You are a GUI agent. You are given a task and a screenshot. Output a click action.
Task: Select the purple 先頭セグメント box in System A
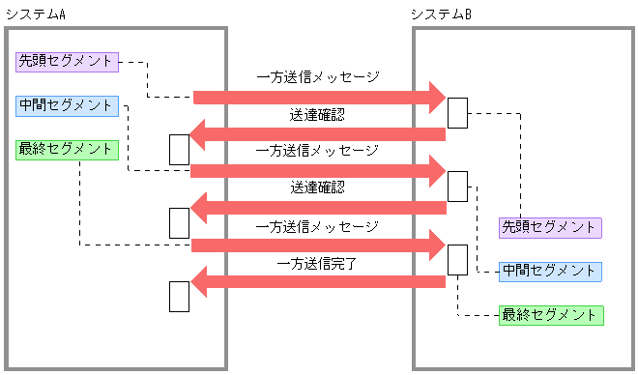[x=67, y=61]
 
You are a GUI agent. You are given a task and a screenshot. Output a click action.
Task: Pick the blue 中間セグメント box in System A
[x=67, y=105]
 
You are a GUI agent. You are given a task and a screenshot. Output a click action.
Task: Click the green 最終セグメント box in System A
[x=67, y=150]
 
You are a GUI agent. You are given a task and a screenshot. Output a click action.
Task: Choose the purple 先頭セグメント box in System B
[x=550, y=227]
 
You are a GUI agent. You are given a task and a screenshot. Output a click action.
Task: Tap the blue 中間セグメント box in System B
[x=550, y=271]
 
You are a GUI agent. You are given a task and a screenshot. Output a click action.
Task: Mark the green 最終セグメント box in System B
[x=550, y=315]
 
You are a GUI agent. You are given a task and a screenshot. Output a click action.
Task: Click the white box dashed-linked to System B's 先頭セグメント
[x=457, y=113]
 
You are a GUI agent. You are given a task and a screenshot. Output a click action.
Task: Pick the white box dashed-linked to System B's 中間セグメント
[x=457, y=186]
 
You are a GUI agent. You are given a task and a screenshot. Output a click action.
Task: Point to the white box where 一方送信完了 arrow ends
[x=179, y=296]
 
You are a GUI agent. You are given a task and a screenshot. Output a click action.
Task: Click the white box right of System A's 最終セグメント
[x=179, y=149]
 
